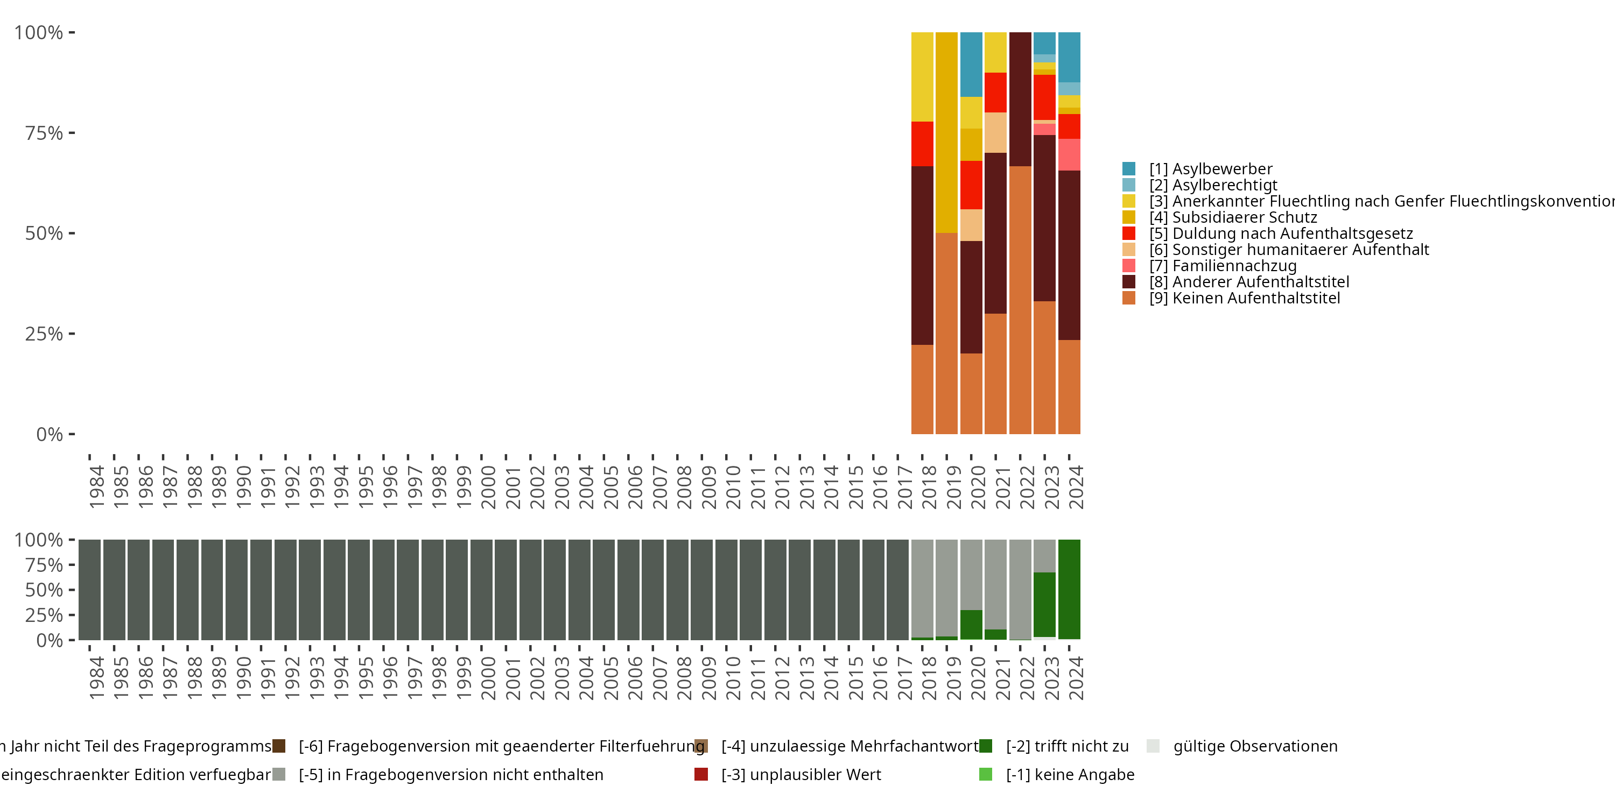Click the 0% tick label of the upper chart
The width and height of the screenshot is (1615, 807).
pyautogui.click(x=49, y=434)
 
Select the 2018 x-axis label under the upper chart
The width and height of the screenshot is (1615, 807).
pyautogui.click(x=929, y=487)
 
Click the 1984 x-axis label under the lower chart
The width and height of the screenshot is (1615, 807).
pyautogui.click(x=96, y=678)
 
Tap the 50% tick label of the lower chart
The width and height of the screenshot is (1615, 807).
pyautogui.click(x=44, y=590)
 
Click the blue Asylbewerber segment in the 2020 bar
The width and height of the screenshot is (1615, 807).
pyautogui.click(x=971, y=65)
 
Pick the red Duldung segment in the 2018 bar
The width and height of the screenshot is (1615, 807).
pyautogui.click(x=922, y=144)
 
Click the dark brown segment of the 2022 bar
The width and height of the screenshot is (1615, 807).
pyautogui.click(x=1020, y=99)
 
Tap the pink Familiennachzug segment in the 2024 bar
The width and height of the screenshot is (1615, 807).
pyautogui.click(x=1069, y=155)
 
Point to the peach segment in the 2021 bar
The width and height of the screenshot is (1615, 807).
pyautogui.click(x=995, y=132)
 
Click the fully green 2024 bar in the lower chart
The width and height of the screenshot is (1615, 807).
pyautogui.click(x=1069, y=589)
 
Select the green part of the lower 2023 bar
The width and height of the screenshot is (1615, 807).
pyautogui.click(x=1044, y=605)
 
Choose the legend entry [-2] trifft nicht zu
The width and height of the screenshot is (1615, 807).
pyautogui.click(x=1066, y=746)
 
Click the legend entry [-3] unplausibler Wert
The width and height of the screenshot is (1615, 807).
pyautogui.click(x=801, y=774)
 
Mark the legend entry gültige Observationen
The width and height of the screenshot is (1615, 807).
pyautogui.click(x=1254, y=746)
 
